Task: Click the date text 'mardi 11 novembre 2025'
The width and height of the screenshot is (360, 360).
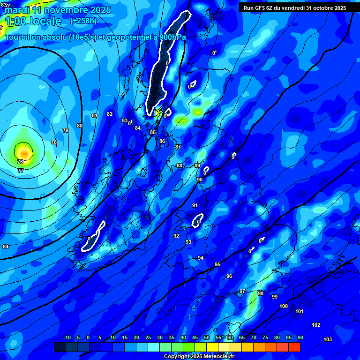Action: point(58,10)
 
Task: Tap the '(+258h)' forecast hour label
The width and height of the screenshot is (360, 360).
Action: point(83,21)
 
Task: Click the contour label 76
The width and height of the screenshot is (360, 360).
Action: point(20,162)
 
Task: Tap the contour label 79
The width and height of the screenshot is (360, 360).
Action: point(66,130)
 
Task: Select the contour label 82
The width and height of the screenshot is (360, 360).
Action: point(110,114)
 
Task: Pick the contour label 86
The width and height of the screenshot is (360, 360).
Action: point(162,141)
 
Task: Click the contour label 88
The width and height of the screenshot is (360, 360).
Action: point(180,165)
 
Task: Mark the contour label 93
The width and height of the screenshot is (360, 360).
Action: point(188,242)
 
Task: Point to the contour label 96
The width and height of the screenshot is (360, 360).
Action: point(229,276)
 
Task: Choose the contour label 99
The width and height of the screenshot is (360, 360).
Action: point(275,297)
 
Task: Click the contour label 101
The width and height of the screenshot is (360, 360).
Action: point(300,311)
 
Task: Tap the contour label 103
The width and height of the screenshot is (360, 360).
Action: point(328,339)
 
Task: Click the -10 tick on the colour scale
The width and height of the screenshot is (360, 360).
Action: point(67,337)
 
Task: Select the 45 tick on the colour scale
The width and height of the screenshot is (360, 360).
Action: point(195,337)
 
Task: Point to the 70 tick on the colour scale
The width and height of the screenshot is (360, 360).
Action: point(254,337)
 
